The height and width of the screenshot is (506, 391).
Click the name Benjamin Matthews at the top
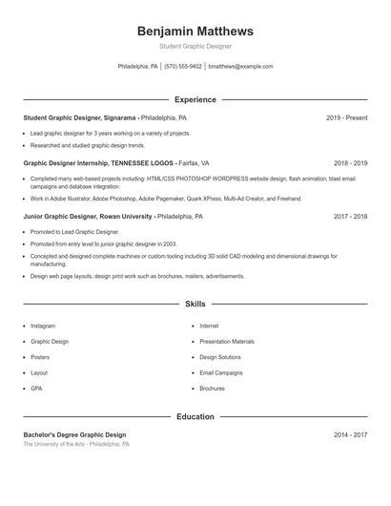point(195,31)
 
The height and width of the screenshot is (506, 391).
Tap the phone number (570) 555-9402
point(183,67)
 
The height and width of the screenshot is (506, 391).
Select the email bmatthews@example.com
point(240,67)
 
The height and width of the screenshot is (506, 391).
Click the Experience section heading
point(195,99)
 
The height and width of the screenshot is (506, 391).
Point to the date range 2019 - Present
point(346,117)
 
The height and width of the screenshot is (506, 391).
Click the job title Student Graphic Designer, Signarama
point(80,117)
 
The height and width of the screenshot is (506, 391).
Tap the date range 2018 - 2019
point(350,163)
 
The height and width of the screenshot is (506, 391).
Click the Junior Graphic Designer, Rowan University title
point(88,217)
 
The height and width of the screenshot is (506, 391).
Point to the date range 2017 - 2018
point(350,217)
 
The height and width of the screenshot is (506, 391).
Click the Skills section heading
point(195,304)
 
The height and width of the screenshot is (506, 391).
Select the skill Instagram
point(43,326)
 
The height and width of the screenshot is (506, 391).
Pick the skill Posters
point(40,357)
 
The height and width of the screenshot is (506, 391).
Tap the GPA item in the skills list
point(36,389)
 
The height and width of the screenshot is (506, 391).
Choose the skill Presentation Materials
point(227,341)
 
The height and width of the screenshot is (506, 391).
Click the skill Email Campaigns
point(221,372)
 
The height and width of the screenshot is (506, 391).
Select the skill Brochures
point(212,389)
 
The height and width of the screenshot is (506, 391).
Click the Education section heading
point(195,416)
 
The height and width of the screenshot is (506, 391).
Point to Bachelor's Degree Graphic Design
point(74,434)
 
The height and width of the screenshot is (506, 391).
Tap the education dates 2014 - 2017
point(350,434)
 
